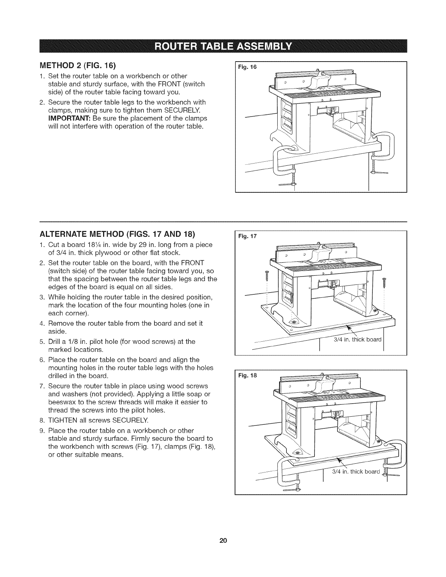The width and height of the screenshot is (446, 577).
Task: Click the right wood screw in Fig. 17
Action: tap(384, 281)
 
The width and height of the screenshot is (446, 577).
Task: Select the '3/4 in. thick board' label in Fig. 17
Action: tap(357, 340)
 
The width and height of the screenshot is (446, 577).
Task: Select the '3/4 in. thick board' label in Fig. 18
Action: tap(356, 472)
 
